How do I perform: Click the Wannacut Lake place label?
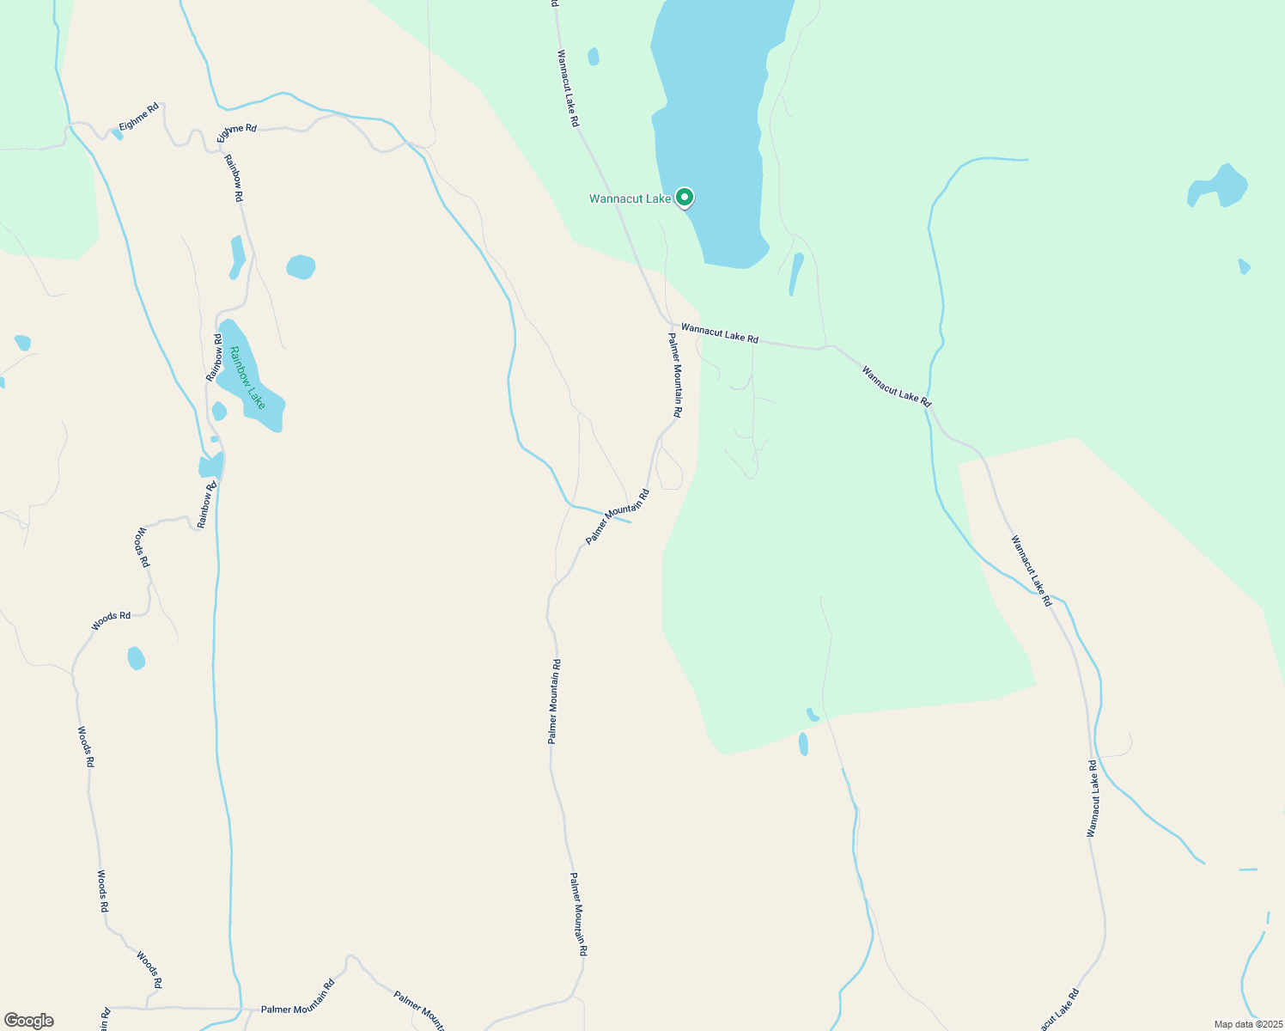click(x=630, y=198)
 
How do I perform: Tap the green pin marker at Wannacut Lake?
click(x=685, y=198)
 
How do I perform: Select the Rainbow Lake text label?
click(x=247, y=377)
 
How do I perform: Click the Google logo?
click(x=29, y=1021)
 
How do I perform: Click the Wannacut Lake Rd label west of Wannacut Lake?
click(x=568, y=88)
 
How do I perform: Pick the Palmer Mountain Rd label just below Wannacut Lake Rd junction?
click(x=675, y=375)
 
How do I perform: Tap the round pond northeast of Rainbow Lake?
click(x=301, y=267)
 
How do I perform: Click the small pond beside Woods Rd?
click(x=136, y=658)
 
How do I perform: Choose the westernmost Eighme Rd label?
click(x=139, y=118)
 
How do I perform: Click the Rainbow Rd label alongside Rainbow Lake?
click(x=214, y=358)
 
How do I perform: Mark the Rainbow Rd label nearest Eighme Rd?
click(x=234, y=178)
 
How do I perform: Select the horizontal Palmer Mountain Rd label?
click(x=297, y=1009)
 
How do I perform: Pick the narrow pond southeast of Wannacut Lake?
click(x=796, y=273)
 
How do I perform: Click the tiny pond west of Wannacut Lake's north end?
click(x=593, y=57)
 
